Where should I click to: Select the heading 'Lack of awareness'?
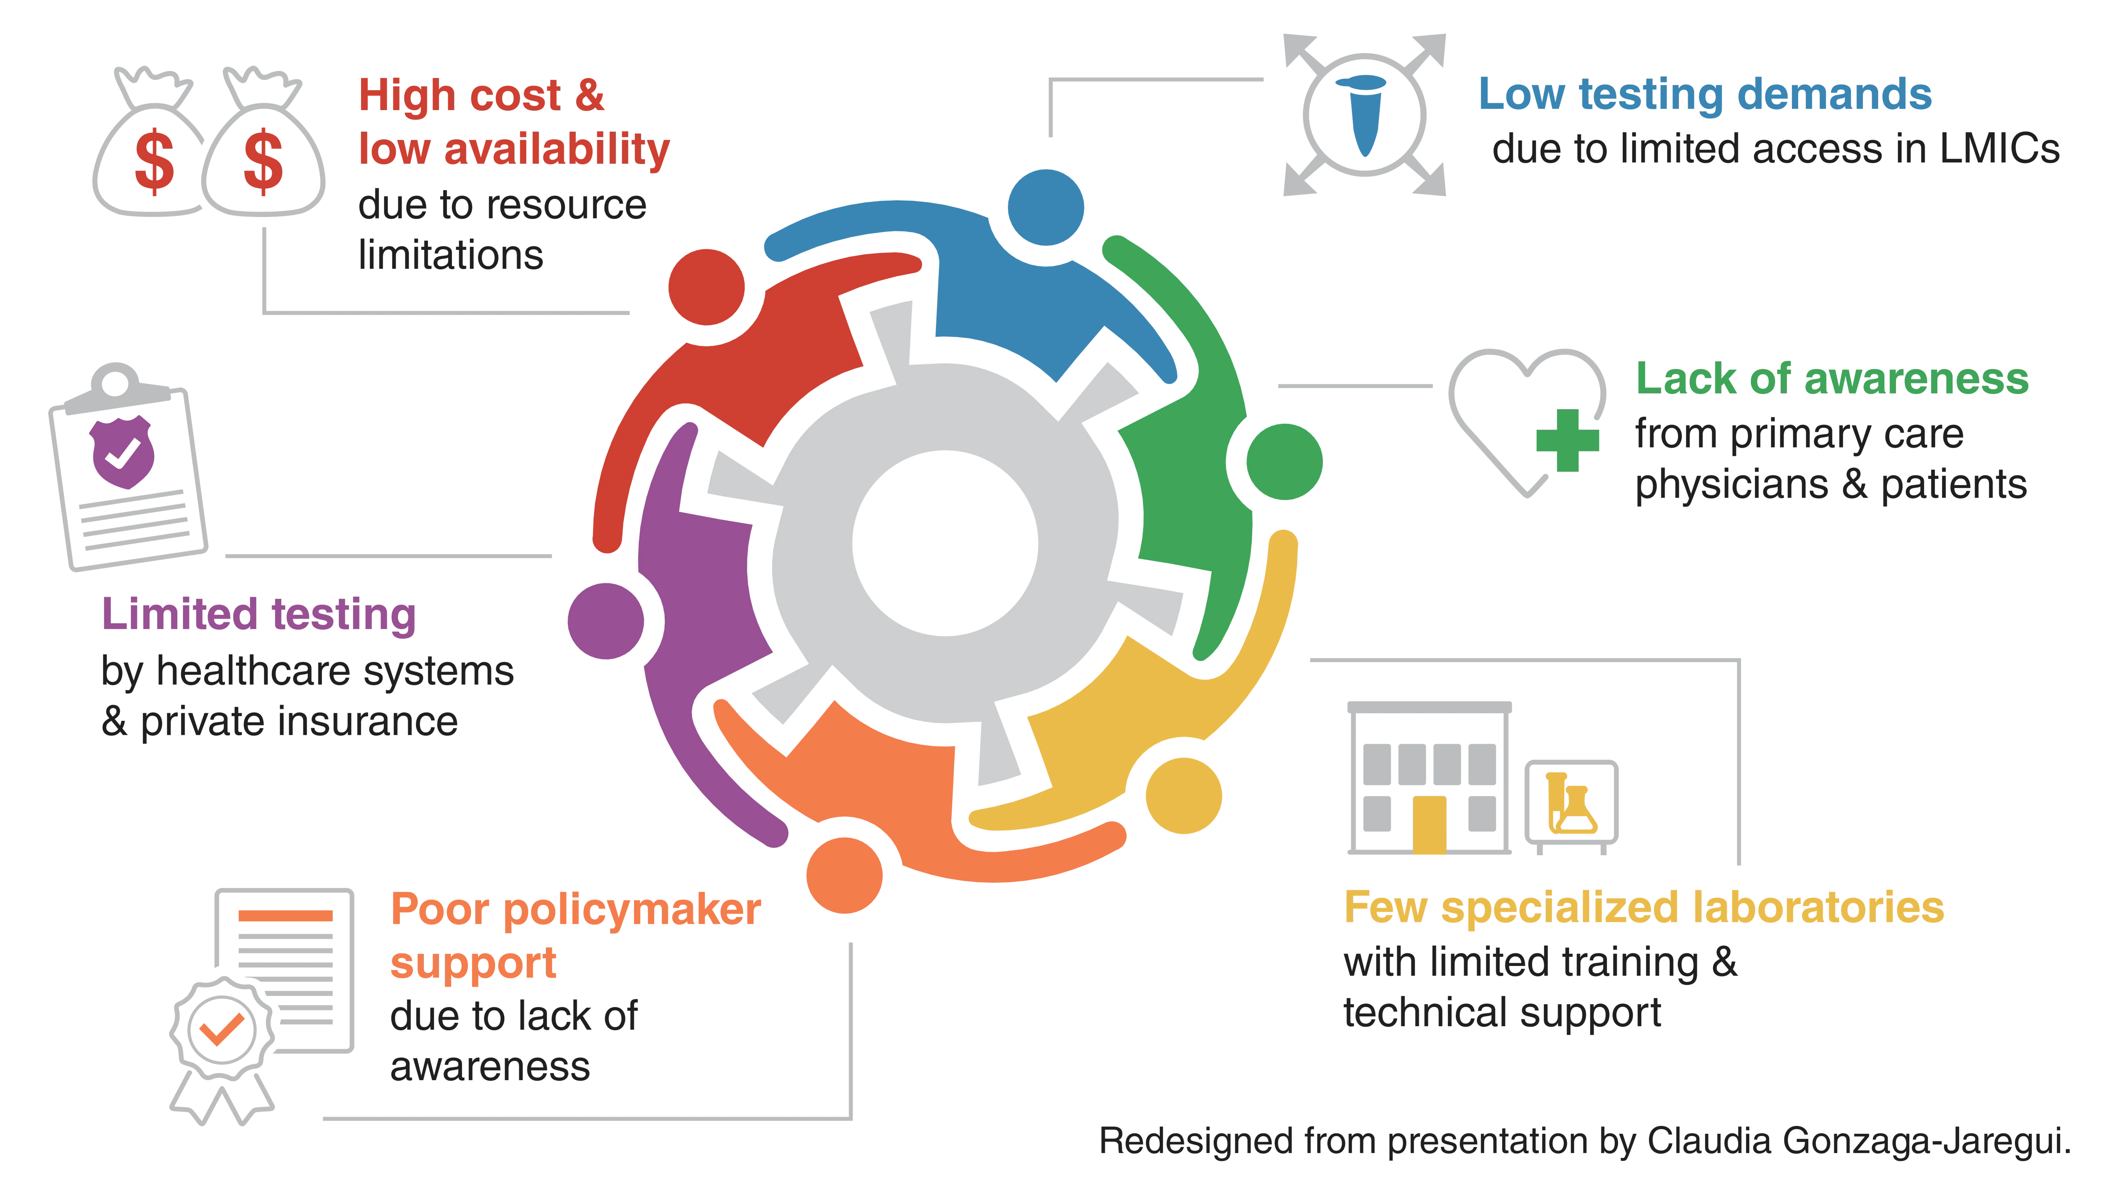[x=1832, y=379]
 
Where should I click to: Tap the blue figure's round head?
[x=1045, y=207]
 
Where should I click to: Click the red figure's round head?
[x=706, y=287]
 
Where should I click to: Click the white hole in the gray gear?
[x=945, y=543]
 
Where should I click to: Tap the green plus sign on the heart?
[x=1567, y=440]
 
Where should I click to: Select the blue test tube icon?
[x=1362, y=114]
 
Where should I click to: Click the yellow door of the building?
[x=1429, y=825]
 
